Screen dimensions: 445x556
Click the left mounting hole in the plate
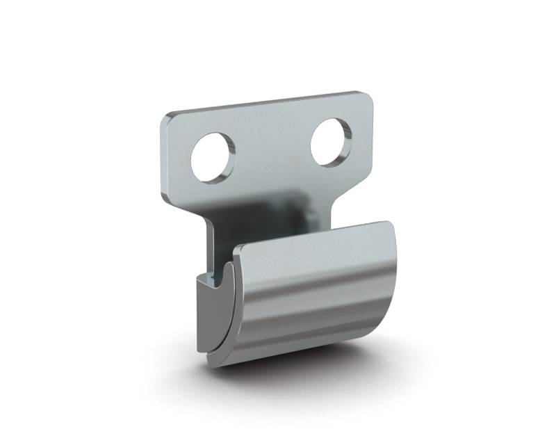coord(213,156)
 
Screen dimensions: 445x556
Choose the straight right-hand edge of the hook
coord(404,278)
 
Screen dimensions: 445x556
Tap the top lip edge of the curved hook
coord(313,234)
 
